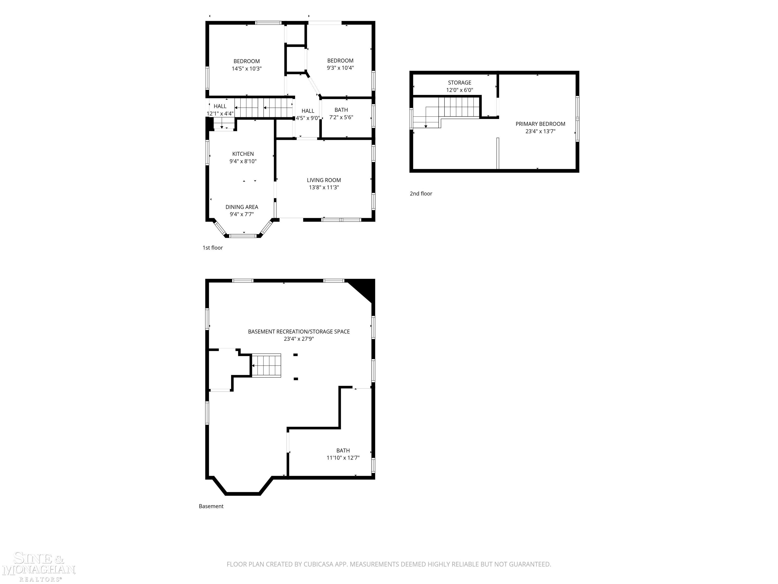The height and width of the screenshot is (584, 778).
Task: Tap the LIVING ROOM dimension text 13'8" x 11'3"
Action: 324,188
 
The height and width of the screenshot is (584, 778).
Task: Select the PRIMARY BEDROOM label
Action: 540,124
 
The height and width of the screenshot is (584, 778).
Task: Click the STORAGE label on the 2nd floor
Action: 459,83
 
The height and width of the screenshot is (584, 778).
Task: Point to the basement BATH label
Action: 343,451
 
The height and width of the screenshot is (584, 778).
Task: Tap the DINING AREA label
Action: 242,207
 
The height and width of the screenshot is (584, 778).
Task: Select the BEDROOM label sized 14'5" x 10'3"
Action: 247,61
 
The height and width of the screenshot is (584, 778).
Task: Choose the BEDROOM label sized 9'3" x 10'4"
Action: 340,61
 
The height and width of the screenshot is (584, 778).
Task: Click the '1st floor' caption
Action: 212,248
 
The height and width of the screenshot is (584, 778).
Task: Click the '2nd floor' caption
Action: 421,194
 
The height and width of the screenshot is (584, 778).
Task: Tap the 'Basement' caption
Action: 211,506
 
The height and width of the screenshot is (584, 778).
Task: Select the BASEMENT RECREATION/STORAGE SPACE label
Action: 299,332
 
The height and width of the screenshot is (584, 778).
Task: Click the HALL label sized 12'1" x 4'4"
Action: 220,106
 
